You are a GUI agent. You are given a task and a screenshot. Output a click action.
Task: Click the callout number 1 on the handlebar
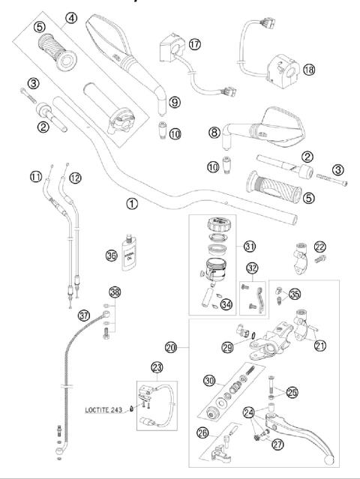[133, 202]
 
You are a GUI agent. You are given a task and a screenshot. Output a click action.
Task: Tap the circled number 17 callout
[194, 44]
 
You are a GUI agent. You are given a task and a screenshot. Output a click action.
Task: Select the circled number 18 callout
[309, 69]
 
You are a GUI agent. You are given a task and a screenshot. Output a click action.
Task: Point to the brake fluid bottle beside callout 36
[131, 259]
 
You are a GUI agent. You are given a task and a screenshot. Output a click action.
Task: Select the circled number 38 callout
[114, 292]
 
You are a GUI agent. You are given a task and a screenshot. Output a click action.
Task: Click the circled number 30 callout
[209, 379]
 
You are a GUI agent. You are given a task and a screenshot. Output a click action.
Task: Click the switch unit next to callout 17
[170, 52]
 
